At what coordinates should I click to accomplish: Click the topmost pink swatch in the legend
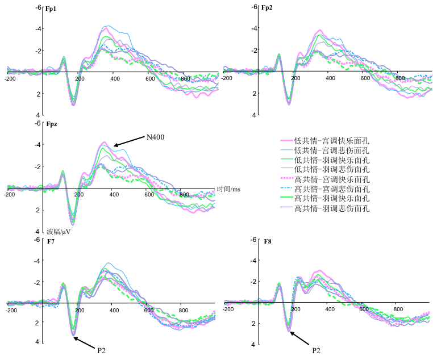coord(286,140)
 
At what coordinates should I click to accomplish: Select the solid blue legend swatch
coord(286,150)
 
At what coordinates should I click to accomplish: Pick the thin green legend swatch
coord(286,159)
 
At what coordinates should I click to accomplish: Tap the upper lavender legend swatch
coord(286,169)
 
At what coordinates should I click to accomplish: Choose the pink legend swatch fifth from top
coord(286,178)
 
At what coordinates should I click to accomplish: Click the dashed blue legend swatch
coord(286,188)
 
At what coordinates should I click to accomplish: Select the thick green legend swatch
coord(286,197)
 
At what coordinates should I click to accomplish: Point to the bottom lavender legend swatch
coord(286,207)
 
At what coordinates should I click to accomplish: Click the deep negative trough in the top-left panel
coord(73,104)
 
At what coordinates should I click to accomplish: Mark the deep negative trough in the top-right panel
coord(289,103)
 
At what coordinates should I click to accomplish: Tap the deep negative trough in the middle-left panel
coord(73,223)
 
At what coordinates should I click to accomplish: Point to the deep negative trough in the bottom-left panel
coord(73,333)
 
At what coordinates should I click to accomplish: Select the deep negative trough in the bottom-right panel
coord(289,329)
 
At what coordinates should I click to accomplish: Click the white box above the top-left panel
coord(48,6)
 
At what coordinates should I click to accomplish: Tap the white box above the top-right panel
coord(264,3)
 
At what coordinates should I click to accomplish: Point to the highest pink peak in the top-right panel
coord(319,30)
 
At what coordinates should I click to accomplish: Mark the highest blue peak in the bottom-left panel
coord(109,263)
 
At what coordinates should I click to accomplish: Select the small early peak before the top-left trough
coord(63,57)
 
